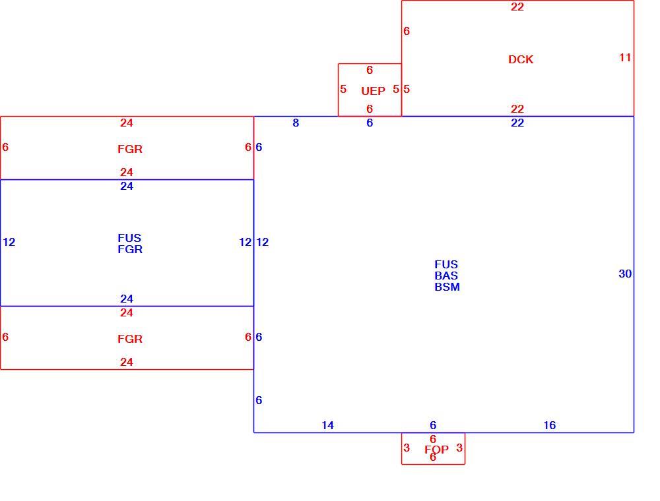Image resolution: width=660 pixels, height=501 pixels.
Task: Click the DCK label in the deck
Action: point(521,59)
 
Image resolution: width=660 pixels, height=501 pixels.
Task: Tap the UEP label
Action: point(373,91)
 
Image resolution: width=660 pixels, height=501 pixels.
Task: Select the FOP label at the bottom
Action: point(436,450)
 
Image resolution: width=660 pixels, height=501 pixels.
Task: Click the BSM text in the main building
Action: point(447,287)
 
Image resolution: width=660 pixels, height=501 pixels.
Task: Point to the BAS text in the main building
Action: point(446,276)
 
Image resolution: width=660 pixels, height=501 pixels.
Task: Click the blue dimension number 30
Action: point(625,274)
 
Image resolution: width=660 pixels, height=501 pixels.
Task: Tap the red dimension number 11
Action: point(625,57)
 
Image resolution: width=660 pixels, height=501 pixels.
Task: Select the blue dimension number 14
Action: point(327,425)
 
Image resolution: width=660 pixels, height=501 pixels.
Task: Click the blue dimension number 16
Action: point(549,425)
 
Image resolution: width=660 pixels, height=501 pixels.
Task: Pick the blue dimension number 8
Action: point(296,123)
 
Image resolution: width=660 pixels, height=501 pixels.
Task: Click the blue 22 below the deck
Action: point(517,123)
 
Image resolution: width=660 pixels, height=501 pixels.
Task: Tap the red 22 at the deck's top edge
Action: point(517,7)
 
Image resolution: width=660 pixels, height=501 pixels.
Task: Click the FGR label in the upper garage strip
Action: point(130,149)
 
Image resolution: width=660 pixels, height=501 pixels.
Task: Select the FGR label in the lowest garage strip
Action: point(130,339)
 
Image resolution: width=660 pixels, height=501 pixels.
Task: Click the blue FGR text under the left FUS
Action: point(130,249)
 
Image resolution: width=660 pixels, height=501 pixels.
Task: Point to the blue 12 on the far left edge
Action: point(9,242)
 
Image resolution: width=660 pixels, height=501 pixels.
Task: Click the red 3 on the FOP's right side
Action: point(459,448)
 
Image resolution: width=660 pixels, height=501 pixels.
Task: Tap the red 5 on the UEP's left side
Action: point(343,89)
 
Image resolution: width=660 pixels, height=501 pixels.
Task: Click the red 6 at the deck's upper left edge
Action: point(406,31)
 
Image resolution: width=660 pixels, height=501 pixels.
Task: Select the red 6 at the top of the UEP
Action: point(370,70)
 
